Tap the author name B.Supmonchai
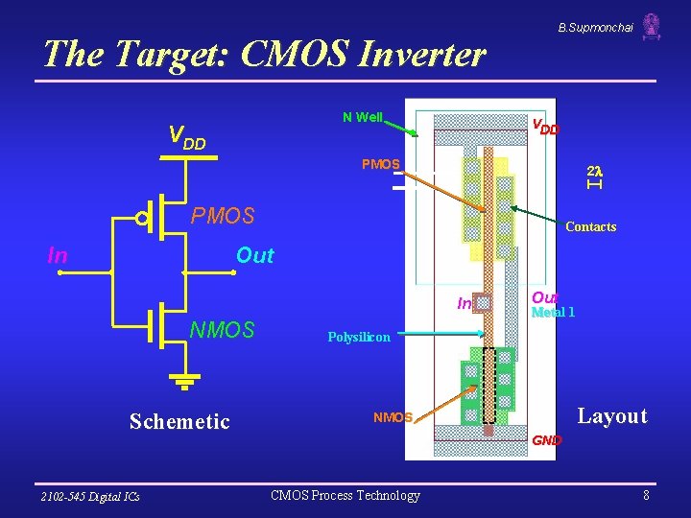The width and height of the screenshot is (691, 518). [x=595, y=28]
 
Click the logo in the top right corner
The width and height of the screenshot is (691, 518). [x=652, y=27]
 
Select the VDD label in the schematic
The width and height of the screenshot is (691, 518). [x=187, y=136]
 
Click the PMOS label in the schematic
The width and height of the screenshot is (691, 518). [x=223, y=216]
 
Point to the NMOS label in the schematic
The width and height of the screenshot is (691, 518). [x=223, y=331]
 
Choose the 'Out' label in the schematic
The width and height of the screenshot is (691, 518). [x=254, y=255]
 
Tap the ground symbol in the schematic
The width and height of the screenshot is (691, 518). [x=183, y=384]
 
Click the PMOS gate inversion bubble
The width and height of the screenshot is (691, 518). [x=142, y=219]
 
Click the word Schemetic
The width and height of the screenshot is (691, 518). [x=179, y=421]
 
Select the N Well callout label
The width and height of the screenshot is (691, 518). [x=363, y=117]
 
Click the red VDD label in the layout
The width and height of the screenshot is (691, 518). [x=546, y=126]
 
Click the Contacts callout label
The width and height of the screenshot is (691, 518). [x=590, y=227]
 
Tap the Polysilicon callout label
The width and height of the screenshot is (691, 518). [x=359, y=338]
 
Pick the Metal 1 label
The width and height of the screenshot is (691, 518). [x=553, y=313]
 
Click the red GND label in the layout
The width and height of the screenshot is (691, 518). [x=547, y=440]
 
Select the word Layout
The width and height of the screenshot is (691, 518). [x=612, y=415]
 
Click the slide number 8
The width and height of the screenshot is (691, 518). [x=646, y=495]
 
